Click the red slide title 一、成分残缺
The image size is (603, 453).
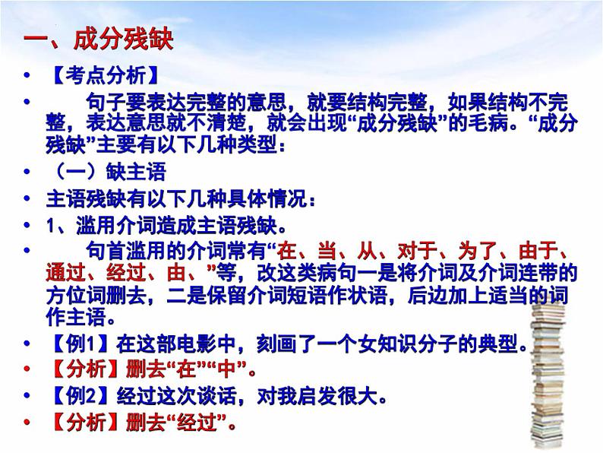pos(99,39)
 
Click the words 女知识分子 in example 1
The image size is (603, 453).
pos(380,345)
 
